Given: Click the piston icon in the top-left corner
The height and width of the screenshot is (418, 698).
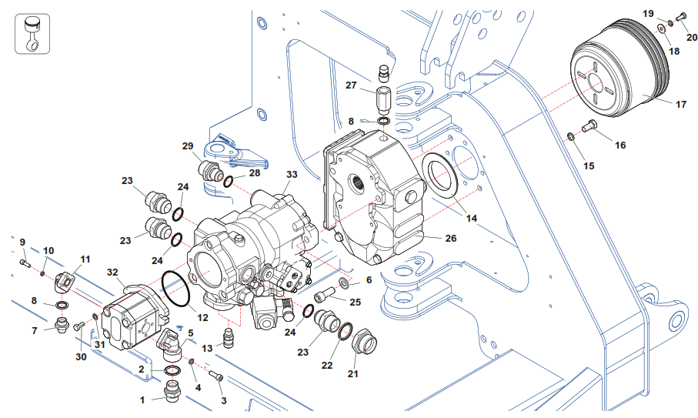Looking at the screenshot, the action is click(32, 33).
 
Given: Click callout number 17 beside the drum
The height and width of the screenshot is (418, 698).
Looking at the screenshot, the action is click(681, 104).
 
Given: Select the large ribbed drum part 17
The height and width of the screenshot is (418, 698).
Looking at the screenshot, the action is click(620, 68).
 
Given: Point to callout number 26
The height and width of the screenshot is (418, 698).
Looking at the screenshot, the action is click(451, 238).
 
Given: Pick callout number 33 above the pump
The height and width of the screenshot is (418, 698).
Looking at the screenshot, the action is click(292, 174).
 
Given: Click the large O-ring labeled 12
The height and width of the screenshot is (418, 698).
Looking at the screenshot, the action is click(176, 289).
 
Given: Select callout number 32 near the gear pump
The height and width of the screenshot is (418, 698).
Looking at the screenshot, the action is click(112, 272).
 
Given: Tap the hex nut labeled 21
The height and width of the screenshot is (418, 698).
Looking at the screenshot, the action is click(365, 344).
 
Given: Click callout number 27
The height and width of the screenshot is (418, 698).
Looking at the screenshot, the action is click(351, 85).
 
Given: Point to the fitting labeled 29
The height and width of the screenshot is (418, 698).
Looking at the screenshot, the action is click(209, 170).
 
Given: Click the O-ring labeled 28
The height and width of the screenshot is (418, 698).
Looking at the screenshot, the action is click(228, 182).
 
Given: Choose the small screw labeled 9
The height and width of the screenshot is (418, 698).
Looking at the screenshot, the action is click(25, 263).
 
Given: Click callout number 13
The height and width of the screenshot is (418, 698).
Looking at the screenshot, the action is click(207, 348).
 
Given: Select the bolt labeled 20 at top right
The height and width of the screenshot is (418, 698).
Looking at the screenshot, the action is click(681, 18).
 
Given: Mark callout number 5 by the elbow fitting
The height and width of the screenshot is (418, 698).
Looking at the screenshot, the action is click(191, 333).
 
